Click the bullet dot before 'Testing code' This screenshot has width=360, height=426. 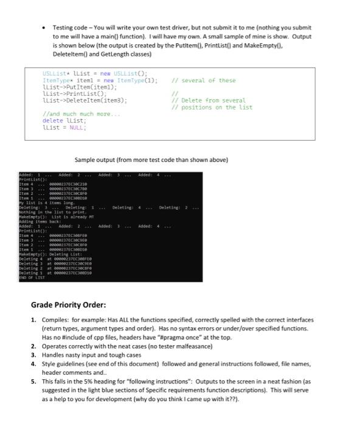tap(44, 28)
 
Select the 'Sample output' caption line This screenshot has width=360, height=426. tap(151, 160)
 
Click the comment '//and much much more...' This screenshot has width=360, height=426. tap(77, 114)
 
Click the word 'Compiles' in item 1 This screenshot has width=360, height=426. tap(57, 319)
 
